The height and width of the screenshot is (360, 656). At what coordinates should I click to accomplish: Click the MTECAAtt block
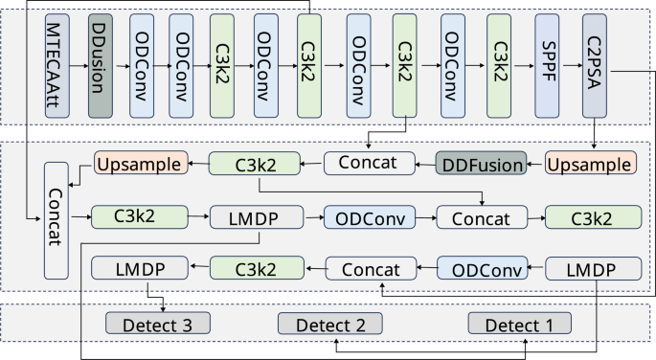point(57,66)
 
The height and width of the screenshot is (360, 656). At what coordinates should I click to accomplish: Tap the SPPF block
point(547,66)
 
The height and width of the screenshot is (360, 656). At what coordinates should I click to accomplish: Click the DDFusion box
point(481,164)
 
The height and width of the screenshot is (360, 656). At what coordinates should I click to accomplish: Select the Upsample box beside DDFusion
point(589,164)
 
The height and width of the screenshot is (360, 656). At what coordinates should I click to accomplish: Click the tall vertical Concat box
point(57,220)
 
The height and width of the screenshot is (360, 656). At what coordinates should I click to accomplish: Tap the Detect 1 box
point(519,325)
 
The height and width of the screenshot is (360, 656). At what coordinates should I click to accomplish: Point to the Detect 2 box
point(329,325)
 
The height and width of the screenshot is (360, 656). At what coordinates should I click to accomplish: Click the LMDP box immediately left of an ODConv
point(256,218)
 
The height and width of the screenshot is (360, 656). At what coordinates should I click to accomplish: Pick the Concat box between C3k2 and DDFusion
point(368,164)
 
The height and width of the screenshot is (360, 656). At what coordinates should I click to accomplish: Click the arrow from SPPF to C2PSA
point(569,66)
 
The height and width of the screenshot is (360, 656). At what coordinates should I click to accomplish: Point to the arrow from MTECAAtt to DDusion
point(79,66)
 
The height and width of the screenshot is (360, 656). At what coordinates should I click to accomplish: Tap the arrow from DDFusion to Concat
point(423,164)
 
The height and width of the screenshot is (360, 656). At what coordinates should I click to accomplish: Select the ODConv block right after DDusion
point(141,66)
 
